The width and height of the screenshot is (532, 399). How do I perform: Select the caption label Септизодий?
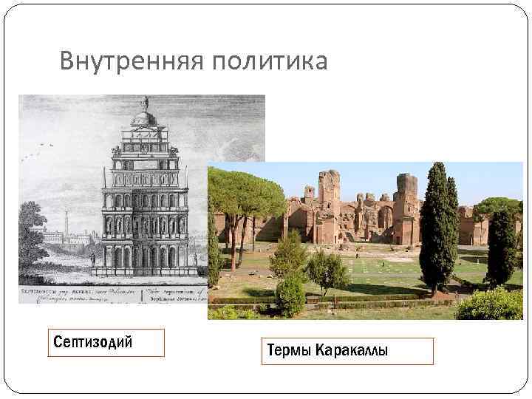93,342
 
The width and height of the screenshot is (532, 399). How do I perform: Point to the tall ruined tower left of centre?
329,188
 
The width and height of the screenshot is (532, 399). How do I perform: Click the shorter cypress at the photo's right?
502,248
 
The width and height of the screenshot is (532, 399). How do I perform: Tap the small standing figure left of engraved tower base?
93,260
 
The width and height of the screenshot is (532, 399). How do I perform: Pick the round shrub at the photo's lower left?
290,294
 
